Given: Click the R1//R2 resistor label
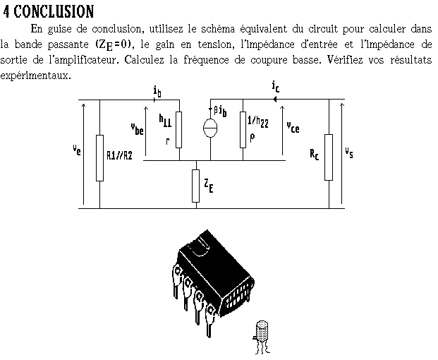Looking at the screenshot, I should [119, 156].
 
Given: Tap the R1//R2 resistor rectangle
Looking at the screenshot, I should [99, 156].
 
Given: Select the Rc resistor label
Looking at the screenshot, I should [314, 155].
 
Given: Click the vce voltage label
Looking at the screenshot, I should [293, 128].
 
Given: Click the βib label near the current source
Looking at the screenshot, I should [220, 110].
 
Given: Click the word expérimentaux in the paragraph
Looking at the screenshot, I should [35, 75].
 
